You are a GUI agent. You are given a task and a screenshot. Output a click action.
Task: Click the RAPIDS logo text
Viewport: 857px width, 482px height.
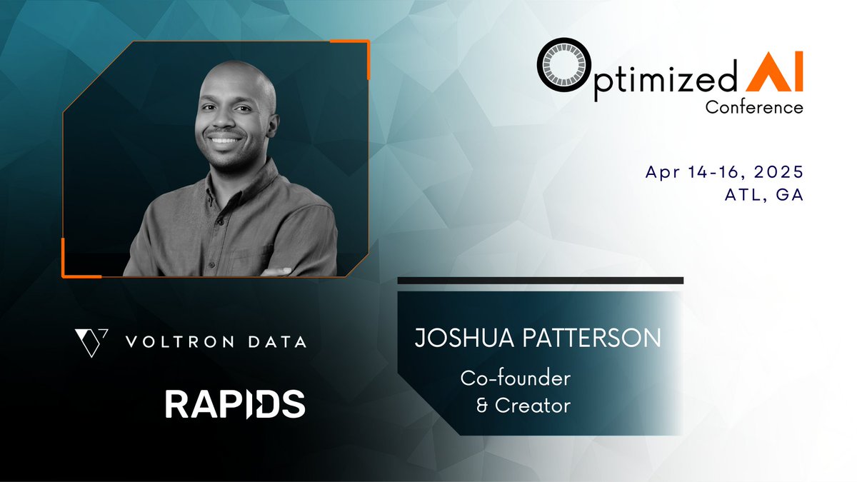click(x=235, y=403)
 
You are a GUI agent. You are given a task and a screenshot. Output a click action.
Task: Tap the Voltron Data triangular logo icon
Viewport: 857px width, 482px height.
click(x=93, y=340)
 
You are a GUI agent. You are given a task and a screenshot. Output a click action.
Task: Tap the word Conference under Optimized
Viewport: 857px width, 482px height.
click(x=754, y=108)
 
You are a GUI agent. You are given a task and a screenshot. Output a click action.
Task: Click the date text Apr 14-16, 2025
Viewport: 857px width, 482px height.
click(x=724, y=172)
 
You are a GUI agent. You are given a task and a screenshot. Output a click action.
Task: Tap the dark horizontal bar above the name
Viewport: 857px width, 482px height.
click(x=540, y=281)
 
